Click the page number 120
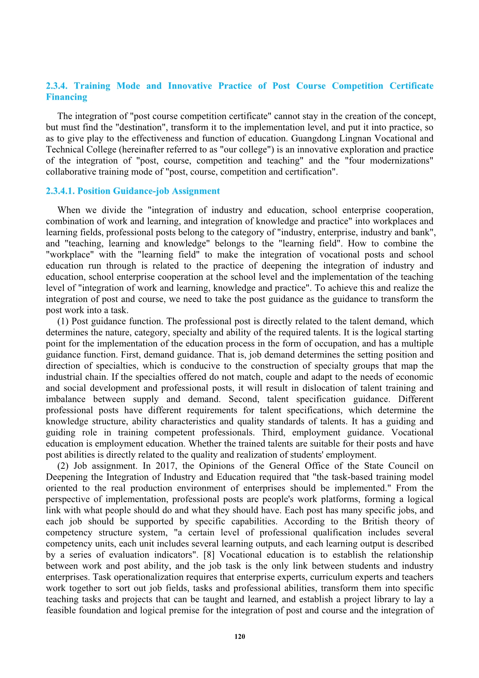[239, 637]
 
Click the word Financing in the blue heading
[66, 97]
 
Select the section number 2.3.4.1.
[61, 191]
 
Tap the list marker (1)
[63, 321]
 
